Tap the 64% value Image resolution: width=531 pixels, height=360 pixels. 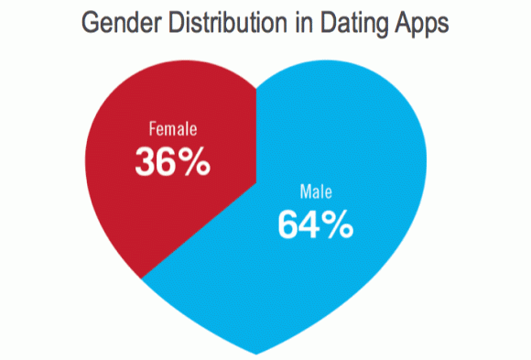tap(314, 225)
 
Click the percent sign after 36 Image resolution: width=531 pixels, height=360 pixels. tap(195, 162)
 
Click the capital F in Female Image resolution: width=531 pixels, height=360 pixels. tap(152, 129)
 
